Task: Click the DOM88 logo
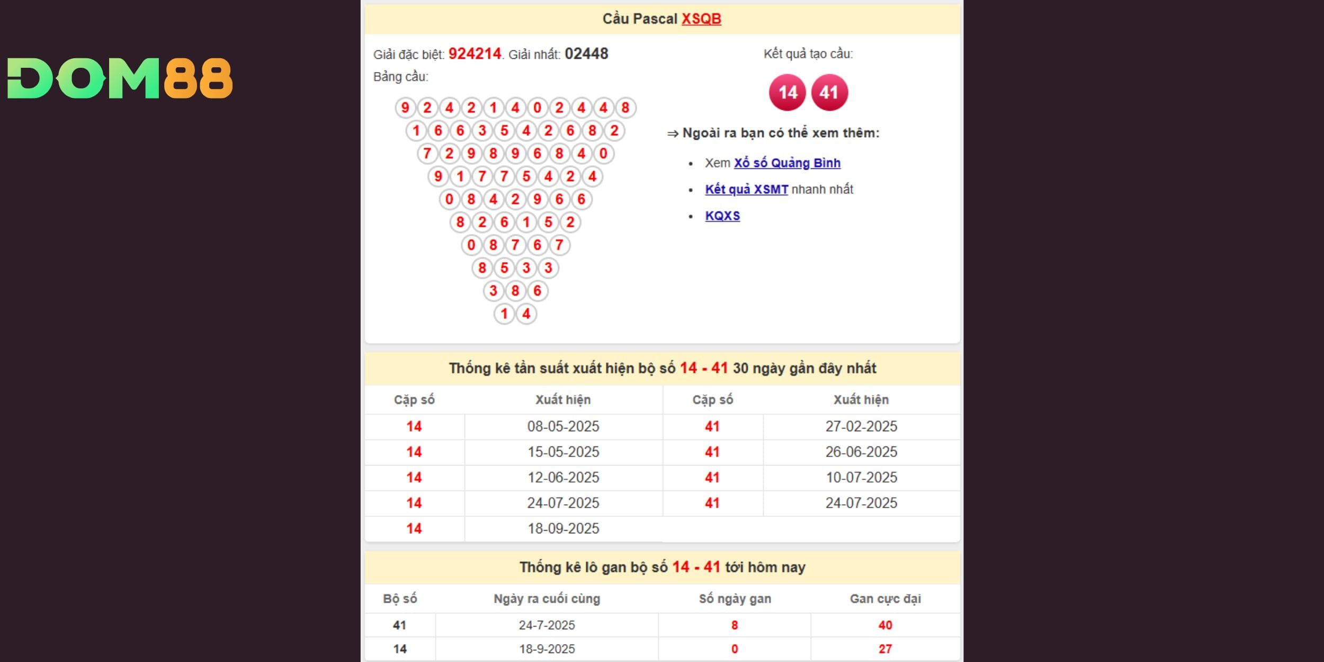[120, 78]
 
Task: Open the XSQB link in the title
[701, 19]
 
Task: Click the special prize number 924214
[475, 54]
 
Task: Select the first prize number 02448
[586, 54]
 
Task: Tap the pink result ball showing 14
[788, 93]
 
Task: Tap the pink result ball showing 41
[829, 93]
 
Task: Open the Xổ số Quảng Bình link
[787, 163]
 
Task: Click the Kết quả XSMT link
[746, 190]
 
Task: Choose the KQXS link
[722, 216]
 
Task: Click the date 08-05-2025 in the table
[563, 426]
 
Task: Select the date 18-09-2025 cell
[563, 529]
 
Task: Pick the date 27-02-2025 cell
[861, 426]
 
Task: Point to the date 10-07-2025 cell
[861, 478]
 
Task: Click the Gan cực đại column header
[885, 599]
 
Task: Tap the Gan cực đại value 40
[885, 625]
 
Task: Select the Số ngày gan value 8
[734, 625]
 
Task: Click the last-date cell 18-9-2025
[547, 649]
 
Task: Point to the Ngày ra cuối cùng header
[547, 599]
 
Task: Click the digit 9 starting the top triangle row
[405, 108]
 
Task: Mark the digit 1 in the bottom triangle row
[504, 314]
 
